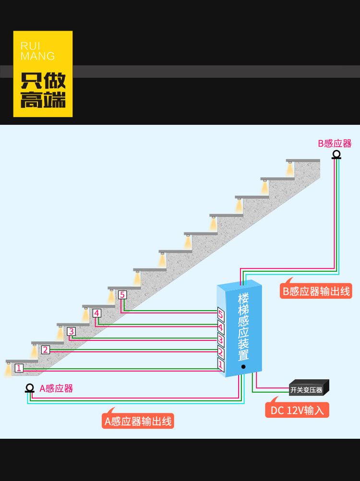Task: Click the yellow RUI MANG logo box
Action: tap(43, 74)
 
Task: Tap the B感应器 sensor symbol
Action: tap(336, 155)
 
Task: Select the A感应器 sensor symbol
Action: tap(30, 388)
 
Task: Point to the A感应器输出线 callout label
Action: tap(138, 421)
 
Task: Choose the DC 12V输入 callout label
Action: tap(297, 410)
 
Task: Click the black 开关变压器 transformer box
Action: tap(308, 388)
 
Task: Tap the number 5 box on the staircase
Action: tap(122, 295)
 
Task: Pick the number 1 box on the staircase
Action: tap(19, 368)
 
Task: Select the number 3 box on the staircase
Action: tap(71, 331)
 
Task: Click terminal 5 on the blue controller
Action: tap(221, 315)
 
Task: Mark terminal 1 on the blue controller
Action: tap(221, 365)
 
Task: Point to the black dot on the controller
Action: tap(243, 367)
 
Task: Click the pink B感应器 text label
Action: tap(335, 143)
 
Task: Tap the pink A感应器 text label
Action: tap(56, 388)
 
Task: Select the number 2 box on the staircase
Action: tap(45, 349)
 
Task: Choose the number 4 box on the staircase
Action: tap(97, 313)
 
